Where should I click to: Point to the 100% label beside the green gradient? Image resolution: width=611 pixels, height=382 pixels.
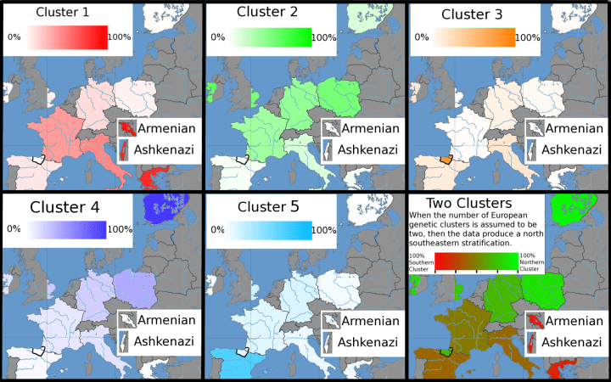tap(323, 37)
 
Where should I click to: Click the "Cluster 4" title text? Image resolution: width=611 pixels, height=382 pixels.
tap(64, 207)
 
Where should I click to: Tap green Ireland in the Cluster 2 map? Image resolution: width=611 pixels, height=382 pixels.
tap(212, 87)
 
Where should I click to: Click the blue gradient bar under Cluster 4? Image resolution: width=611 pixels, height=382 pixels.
tap(68, 229)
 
